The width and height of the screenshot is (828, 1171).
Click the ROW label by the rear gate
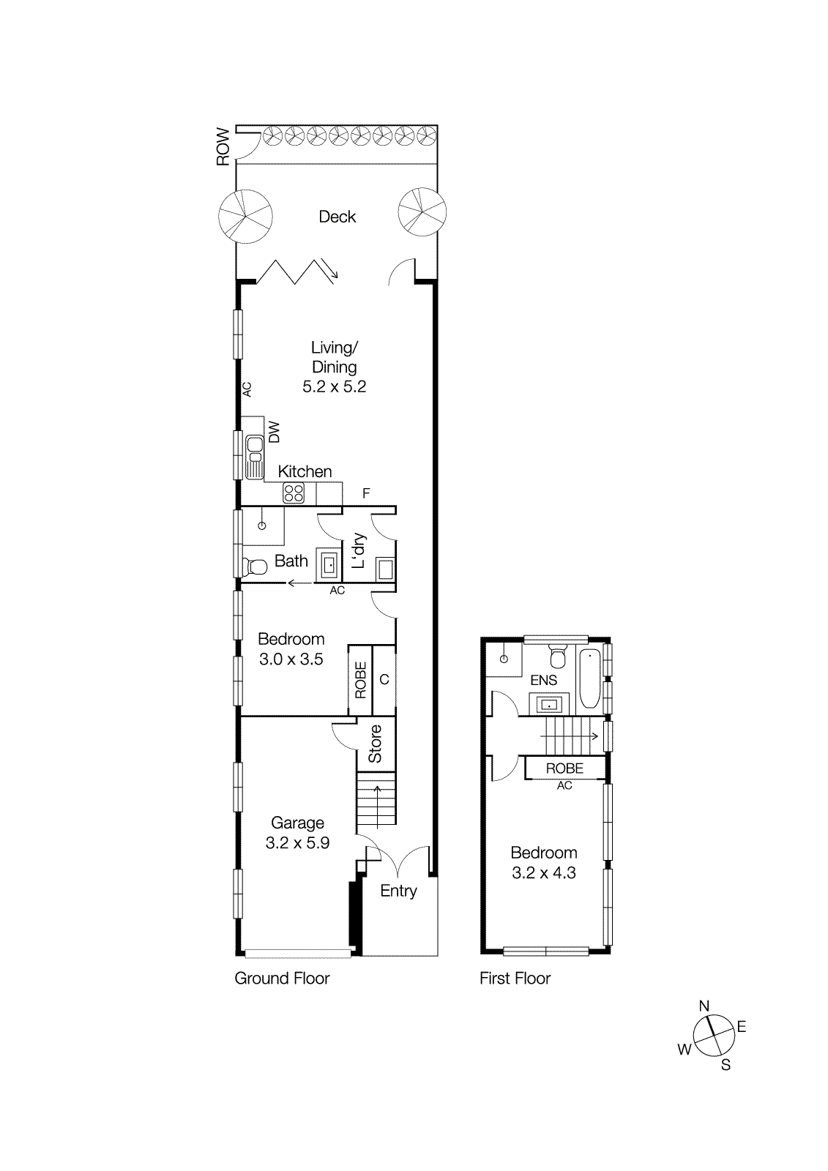pos(223,146)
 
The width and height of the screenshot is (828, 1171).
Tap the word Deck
pos(337,217)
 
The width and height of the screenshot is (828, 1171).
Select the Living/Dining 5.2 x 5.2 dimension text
pos(335,386)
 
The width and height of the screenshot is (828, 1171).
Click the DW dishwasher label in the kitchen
pos(275,431)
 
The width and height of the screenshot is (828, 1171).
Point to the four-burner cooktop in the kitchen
pos(294,493)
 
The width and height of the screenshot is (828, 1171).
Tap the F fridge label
pos(366,494)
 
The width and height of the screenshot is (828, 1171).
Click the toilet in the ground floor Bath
pos(256,566)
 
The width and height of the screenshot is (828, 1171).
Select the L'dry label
pos(359,550)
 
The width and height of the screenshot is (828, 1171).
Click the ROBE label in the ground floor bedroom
pos(360,680)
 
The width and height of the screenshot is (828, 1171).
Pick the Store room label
pos(376,744)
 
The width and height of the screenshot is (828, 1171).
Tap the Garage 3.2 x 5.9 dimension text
pos(297,843)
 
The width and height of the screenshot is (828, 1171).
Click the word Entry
pos(398,891)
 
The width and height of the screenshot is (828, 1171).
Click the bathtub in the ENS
pos(589,678)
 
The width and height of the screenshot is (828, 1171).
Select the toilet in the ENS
pos(558,656)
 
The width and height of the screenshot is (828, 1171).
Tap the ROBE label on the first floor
pos(564,768)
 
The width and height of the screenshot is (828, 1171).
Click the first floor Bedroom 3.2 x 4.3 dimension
pos(544,873)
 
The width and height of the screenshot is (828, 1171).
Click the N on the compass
pos(704,1006)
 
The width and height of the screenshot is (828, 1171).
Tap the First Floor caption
pos(515,979)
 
